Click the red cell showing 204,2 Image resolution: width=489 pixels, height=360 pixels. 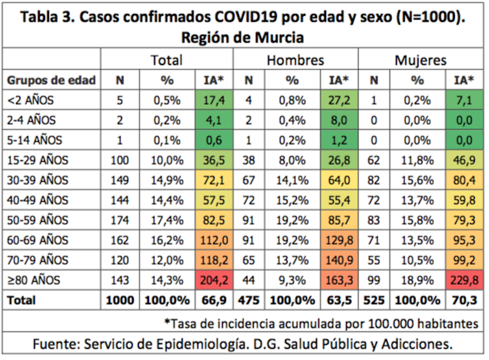pyautogui.click(x=213, y=280)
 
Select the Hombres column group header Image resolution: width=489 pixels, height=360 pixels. pyautogui.click(x=295, y=60)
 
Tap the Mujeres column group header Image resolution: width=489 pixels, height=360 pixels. pyautogui.click(x=420, y=60)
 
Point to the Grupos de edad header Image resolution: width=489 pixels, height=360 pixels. pyautogui.click(x=51, y=80)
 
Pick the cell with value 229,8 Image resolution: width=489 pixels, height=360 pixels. pyautogui.click(x=463, y=280)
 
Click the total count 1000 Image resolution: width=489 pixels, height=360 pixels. pyautogui.click(x=120, y=300)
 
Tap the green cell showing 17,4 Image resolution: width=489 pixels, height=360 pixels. pyautogui.click(x=213, y=100)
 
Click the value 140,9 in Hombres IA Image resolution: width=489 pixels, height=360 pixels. pyautogui.click(x=338, y=260)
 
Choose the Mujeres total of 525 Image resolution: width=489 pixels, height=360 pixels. pyautogui.click(x=374, y=300)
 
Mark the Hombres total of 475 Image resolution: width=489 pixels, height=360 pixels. pyautogui.click(x=249, y=300)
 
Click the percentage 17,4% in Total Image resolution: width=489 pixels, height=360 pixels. pyautogui.click(x=167, y=220)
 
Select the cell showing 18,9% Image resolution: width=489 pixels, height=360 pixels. pyautogui.click(x=417, y=280)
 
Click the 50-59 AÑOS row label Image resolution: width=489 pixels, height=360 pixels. pyautogui.click(x=38, y=220)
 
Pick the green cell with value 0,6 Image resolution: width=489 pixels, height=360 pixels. pyautogui.click(x=213, y=140)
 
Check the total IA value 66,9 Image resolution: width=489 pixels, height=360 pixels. pyautogui.click(x=213, y=300)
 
